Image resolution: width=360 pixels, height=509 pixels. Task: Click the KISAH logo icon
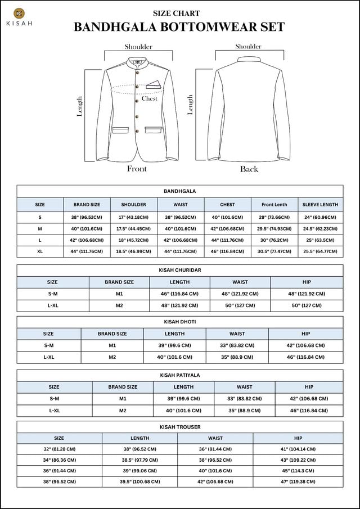pyautogui.click(x=20, y=13)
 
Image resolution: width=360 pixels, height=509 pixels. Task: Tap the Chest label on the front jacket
pyautogui.click(x=149, y=98)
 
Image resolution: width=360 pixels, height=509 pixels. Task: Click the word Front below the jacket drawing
pyautogui.click(x=137, y=169)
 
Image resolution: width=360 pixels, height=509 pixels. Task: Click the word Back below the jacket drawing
pyautogui.click(x=249, y=169)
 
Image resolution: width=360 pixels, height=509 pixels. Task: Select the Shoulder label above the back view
pyautogui.click(x=248, y=47)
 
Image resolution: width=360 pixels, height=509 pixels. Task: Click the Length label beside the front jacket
pyautogui.click(x=80, y=106)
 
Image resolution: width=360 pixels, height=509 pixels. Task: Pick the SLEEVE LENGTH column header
pyautogui.click(x=320, y=205)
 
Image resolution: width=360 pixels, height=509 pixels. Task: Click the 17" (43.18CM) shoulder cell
pyautogui.click(x=133, y=217)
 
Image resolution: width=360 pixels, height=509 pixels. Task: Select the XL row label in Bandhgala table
pyautogui.click(x=40, y=251)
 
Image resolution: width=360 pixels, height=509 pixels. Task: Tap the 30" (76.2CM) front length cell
pyautogui.click(x=274, y=240)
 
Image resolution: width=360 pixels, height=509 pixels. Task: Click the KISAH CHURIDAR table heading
pyautogui.click(x=180, y=270)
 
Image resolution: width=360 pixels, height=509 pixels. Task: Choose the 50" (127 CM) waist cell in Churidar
pyautogui.click(x=240, y=305)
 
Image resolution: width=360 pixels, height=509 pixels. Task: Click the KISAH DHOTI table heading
pyautogui.click(x=180, y=322)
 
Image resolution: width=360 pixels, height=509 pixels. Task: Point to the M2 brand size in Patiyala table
pyautogui.click(x=123, y=411)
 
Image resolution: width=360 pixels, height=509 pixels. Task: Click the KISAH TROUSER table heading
pyautogui.click(x=180, y=427)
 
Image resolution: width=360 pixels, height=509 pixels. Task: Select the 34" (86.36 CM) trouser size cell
pyautogui.click(x=59, y=460)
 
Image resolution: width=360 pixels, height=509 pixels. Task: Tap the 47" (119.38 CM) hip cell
pyautogui.click(x=298, y=482)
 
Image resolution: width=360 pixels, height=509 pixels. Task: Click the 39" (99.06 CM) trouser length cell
pyautogui.click(x=140, y=471)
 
